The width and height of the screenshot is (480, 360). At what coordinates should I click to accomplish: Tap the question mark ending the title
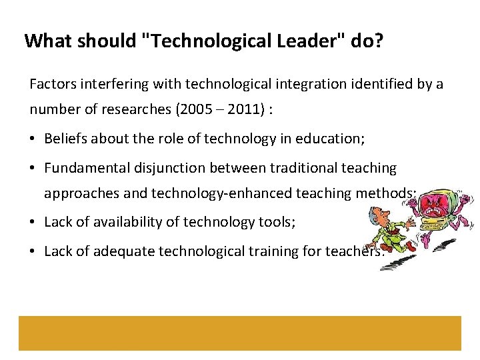coord(379,41)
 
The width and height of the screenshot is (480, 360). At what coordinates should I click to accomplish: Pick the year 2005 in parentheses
coord(199,110)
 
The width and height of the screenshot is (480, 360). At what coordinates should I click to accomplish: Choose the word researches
coord(143,110)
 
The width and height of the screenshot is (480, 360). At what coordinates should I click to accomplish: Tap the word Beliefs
coord(65,138)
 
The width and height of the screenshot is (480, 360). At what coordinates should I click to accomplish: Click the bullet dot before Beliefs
coord(33,139)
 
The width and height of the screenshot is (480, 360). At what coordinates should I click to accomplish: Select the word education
coord(329,138)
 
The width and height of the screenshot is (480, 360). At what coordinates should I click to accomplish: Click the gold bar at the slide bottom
coord(239,333)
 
